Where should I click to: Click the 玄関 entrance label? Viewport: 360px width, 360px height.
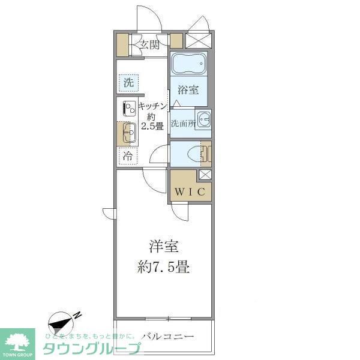pyautogui.click(x=149, y=44)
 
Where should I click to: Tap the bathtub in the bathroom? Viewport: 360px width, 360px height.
pyautogui.click(x=188, y=64)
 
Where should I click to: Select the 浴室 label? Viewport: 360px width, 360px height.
pyautogui.click(x=188, y=91)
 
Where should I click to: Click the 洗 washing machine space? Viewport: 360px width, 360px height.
pyautogui.click(x=128, y=83)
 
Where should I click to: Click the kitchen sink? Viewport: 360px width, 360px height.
pyautogui.click(x=128, y=133)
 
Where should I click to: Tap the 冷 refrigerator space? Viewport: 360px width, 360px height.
pyautogui.click(x=128, y=156)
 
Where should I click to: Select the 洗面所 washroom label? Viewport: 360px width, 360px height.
pyautogui.click(x=182, y=124)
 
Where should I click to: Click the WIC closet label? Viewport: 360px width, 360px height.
pyautogui.click(x=190, y=192)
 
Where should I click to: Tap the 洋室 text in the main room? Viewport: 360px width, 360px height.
pyautogui.click(x=163, y=247)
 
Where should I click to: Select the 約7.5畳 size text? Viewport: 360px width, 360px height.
pyautogui.click(x=163, y=266)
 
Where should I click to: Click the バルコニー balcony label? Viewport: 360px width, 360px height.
pyautogui.click(x=167, y=336)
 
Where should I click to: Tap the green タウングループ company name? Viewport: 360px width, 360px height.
pyautogui.click(x=91, y=349)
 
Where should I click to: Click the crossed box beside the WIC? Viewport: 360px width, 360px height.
pyautogui.click(x=205, y=175)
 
